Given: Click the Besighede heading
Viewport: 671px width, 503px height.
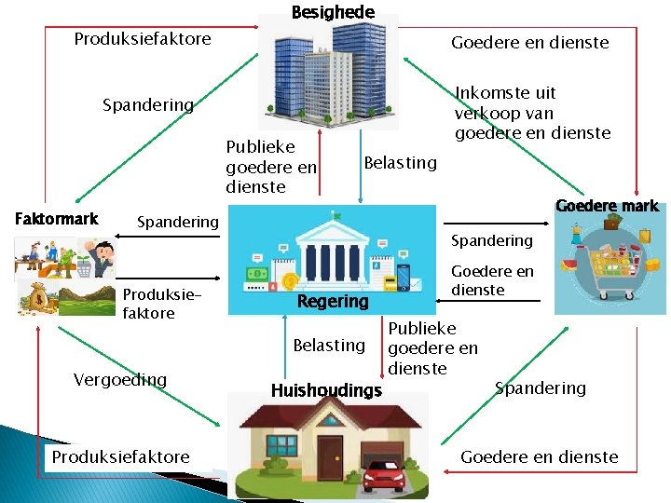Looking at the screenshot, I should point(333,12).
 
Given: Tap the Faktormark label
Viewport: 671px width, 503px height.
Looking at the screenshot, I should point(57,219).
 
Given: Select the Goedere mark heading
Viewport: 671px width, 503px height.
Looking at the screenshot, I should point(606,206).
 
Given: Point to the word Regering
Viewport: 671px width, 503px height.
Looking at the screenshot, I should point(333,301).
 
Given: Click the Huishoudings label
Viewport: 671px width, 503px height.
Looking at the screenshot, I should point(326,390).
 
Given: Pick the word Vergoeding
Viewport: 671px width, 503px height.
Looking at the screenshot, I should point(120,379).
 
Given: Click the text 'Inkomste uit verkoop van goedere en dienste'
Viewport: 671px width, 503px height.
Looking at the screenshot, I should point(532,113).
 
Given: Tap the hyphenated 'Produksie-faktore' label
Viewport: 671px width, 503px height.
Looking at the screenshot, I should point(149,304).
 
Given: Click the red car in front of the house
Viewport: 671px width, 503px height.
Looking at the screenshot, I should point(384,476).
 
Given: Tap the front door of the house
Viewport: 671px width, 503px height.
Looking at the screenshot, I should point(330,454).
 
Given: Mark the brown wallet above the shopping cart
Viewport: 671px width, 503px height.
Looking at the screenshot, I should point(612,223).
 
